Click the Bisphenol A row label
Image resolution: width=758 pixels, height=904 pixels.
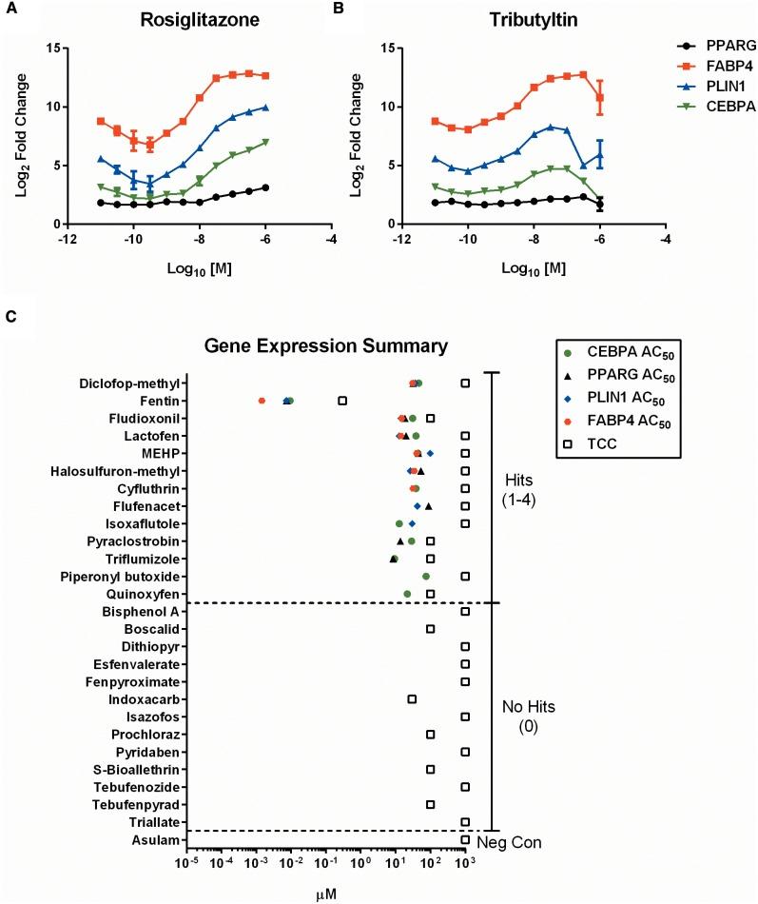[144, 611]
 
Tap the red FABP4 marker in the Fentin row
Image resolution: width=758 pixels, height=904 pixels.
[262, 401]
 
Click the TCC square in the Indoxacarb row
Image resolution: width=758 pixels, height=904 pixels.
[412, 698]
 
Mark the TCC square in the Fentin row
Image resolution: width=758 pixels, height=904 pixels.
[342, 401]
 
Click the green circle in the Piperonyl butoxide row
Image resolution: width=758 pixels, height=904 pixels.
[426, 577]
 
